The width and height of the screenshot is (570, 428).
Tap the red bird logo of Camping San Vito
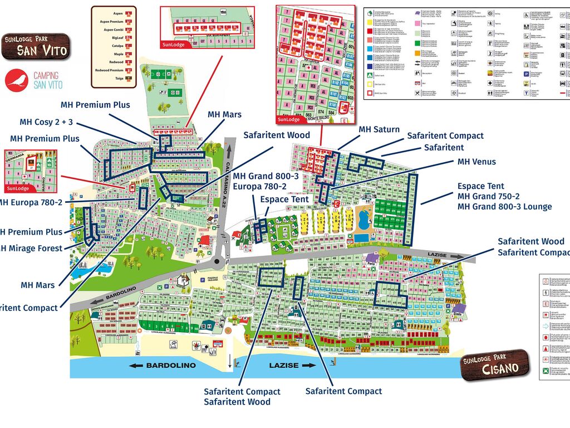coord(16,80)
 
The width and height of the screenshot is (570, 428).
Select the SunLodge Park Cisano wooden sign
coord(495,364)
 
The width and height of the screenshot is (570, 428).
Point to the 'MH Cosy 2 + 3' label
coord(46,122)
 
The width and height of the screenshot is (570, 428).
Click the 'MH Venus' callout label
coord(476,162)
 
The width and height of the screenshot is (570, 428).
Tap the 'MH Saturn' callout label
coord(379,129)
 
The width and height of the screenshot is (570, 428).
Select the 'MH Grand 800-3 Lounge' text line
coord(504,207)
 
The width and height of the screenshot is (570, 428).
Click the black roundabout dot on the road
coord(217,262)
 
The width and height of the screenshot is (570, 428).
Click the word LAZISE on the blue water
coord(284,365)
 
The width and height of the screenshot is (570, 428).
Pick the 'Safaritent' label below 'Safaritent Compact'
coord(444,147)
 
